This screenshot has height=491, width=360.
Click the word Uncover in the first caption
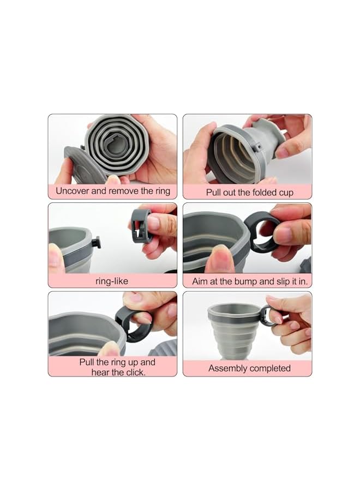pyautogui.click(x=73, y=191)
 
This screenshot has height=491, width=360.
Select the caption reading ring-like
pyautogui.click(x=112, y=280)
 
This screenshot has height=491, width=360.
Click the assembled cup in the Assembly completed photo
pyautogui.click(x=232, y=330)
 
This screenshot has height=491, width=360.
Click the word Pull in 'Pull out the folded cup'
pyautogui.click(x=214, y=193)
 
